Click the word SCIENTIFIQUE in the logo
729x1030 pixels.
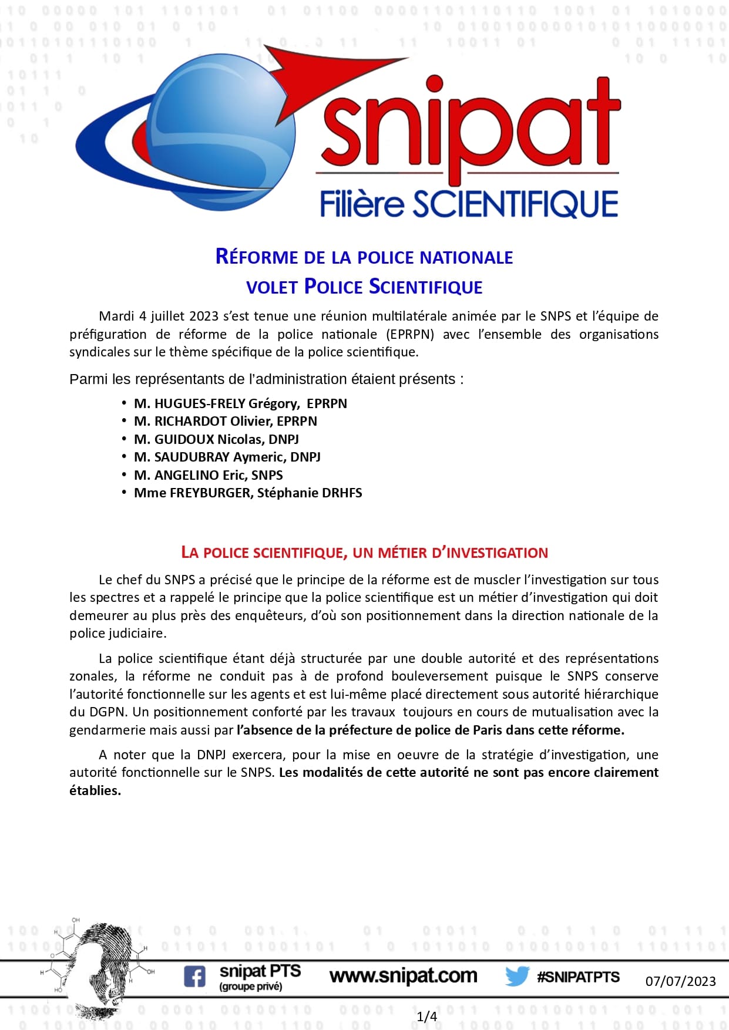[x=515, y=204]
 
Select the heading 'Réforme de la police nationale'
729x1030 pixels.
[x=364, y=257]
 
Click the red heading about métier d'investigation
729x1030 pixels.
[x=364, y=553]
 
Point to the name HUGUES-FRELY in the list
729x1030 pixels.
[x=200, y=403]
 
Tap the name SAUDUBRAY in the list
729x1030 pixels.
[x=192, y=457]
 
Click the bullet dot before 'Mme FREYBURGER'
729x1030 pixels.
[x=124, y=492]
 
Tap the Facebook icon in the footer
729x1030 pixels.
[x=194, y=976]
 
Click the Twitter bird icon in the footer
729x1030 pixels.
[x=517, y=976]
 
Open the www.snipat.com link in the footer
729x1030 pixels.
[x=403, y=976]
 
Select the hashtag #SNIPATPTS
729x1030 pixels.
[x=578, y=977]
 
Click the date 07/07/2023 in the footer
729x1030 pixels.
[x=680, y=981]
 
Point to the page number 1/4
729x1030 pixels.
[x=426, y=1016]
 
